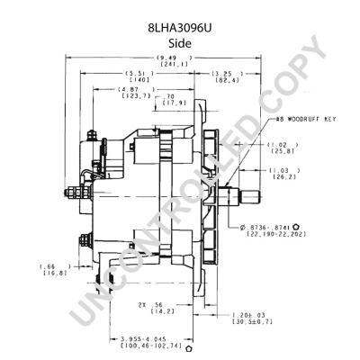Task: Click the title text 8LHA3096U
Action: click(180, 28)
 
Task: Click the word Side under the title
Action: click(180, 40)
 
